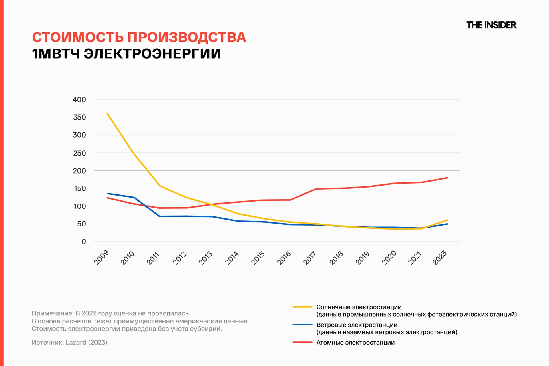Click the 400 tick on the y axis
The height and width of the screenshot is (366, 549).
pyautogui.click(x=79, y=100)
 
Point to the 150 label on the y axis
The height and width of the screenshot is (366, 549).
pyautogui.click(x=80, y=188)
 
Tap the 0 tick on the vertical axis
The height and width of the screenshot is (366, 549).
pyautogui.click(x=83, y=242)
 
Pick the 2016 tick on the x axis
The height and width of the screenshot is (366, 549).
pyautogui.click(x=284, y=258)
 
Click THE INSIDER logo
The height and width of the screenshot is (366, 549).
pyautogui.click(x=491, y=25)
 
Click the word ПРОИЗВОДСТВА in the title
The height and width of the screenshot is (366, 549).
pyautogui.click(x=186, y=37)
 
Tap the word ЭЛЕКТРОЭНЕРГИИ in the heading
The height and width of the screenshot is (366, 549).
pyautogui.click(x=152, y=54)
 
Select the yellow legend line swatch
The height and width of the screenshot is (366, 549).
pyautogui.click(x=302, y=307)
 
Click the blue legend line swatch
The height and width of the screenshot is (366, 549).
pyautogui.click(x=302, y=325)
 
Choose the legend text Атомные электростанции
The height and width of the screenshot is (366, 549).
pyautogui.click(x=355, y=343)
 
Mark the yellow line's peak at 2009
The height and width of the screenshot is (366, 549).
pyautogui.click(x=107, y=114)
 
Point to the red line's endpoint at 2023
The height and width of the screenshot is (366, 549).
pyautogui.click(x=447, y=178)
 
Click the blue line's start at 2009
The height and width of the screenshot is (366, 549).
pyautogui.click(x=107, y=194)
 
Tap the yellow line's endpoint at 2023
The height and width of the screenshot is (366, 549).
pyautogui.click(x=447, y=220)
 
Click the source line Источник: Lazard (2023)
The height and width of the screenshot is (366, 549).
pyautogui.click(x=69, y=342)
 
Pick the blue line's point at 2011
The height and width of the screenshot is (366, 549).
pyautogui.click(x=160, y=216)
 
